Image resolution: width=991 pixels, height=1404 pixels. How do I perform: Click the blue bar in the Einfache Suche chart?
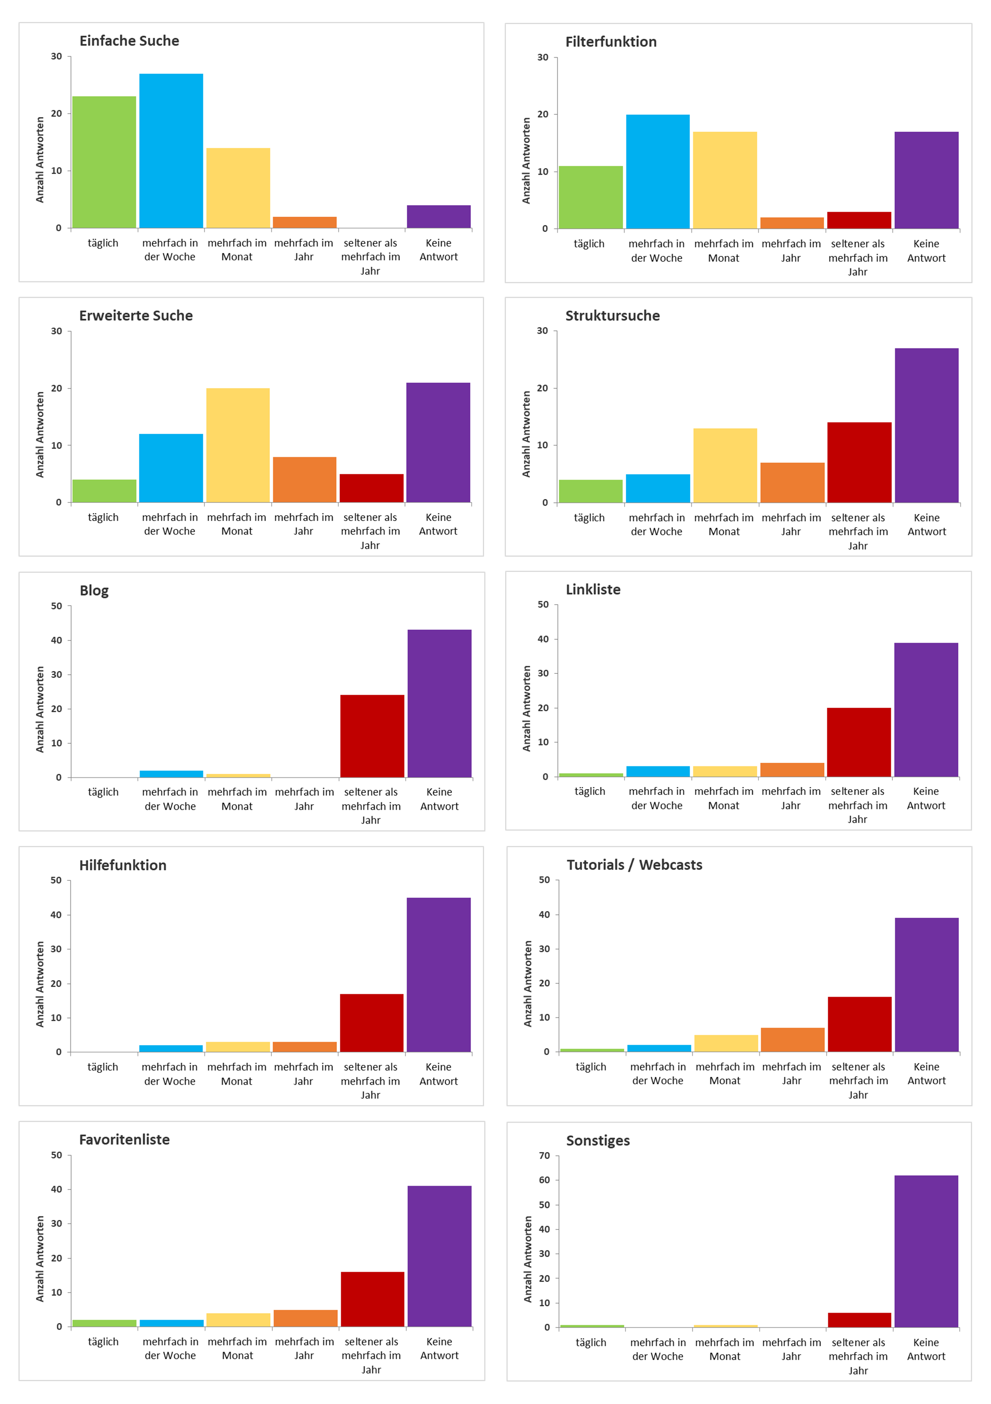[x=171, y=151]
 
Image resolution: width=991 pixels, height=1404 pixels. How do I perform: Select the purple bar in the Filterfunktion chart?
[x=926, y=181]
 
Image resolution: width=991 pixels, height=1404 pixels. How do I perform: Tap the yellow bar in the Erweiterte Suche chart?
[x=238, y=445]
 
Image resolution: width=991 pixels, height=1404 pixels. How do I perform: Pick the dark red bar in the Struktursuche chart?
[x=859, y=462]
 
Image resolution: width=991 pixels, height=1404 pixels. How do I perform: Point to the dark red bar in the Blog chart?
[x=372, y=736]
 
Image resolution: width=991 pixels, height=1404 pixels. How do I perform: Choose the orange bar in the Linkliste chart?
[x=792, y=770]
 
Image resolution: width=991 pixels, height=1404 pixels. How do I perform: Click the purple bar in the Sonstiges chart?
[x=926, y=1251]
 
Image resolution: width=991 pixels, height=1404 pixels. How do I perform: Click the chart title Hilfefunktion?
[x=123, y=865]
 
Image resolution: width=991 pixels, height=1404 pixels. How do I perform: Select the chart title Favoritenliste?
[x=124, y=1140]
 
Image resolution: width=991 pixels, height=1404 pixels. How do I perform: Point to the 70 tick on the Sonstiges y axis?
[x=544, y=1156]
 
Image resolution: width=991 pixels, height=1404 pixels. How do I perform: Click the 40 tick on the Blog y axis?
[x=56, y=640]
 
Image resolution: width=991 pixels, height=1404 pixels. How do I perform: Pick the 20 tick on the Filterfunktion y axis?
[x=543, y=115]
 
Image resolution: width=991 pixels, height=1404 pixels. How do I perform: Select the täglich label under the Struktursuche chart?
[x=589, y=518]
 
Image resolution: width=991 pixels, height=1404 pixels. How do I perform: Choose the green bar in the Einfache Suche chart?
[x=104, y=162]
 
